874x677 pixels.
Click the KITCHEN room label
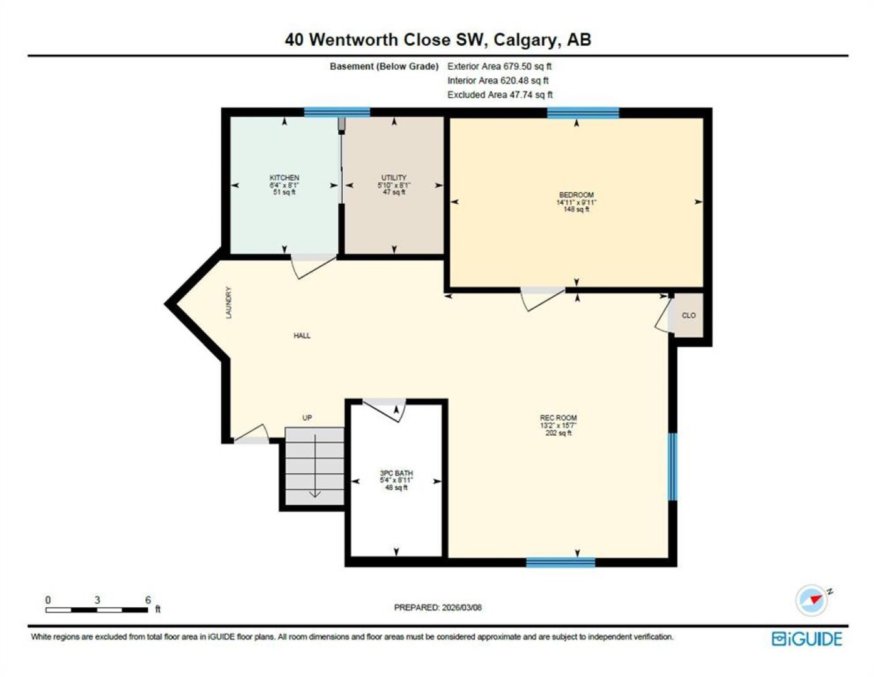284,178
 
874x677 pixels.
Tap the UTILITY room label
393,178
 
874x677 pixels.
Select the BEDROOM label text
576,195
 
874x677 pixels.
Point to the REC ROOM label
558,418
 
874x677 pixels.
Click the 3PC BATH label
396,473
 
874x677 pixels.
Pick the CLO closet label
689,315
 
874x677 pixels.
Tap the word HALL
301,335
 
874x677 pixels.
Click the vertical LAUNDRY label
229,303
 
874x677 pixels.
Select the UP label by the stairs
307,418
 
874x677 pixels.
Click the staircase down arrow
315,466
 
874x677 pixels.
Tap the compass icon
812,600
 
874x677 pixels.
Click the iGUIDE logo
806,639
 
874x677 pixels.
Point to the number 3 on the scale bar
97,600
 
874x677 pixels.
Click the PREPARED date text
437,607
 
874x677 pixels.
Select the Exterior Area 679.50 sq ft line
499,66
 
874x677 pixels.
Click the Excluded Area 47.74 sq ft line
499,95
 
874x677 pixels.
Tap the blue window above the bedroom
583,113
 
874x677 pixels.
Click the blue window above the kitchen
336,112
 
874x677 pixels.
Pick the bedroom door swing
542,300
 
